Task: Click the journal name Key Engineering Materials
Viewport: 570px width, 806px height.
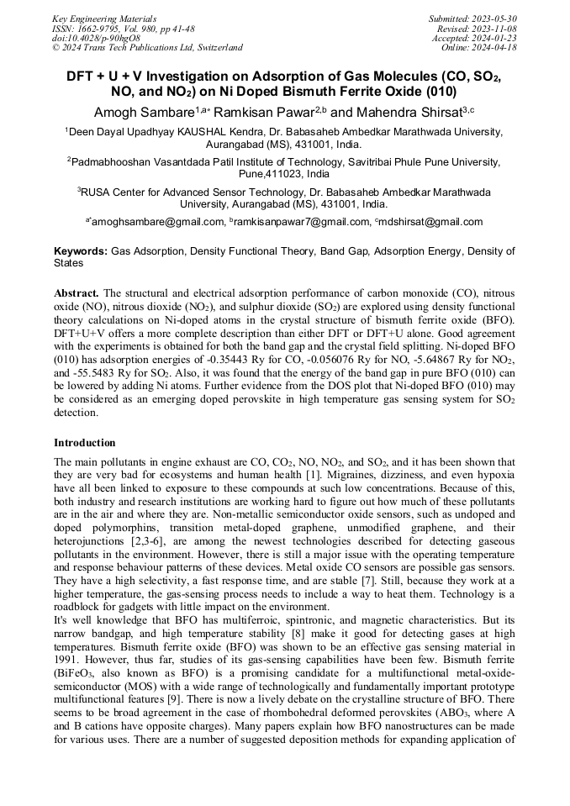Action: pos(103,18)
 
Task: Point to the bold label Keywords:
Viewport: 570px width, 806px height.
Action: pos(81,251)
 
